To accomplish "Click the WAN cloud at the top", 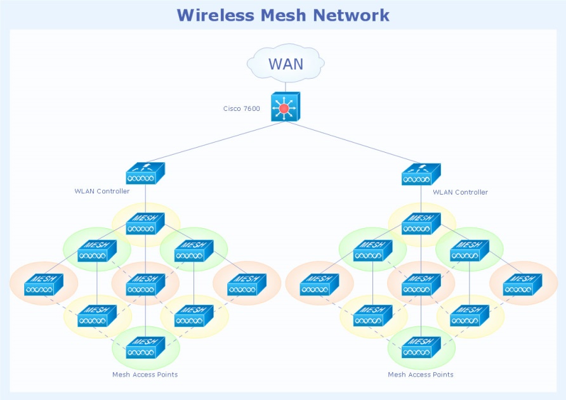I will coord(286,63).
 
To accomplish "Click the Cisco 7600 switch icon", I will coord(285,107).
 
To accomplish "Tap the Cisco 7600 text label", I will coord(241,108).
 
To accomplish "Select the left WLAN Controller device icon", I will coord(145,174).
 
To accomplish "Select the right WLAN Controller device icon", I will coord(421,174).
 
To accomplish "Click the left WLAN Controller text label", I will coord(102,191).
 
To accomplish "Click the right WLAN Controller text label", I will coord(460,192).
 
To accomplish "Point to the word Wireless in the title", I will coord(213,15).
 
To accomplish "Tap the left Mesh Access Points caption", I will coord(145,375).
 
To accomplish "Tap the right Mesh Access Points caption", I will coord(421,375).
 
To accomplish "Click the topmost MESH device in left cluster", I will coord(145,224).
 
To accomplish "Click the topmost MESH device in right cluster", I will coord(421,224).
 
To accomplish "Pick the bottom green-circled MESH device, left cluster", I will coord(145,347).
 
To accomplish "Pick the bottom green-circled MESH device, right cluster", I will coord(421,347).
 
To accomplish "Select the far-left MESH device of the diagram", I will coord(44,285).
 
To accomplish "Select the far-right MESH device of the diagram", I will coord(522,285).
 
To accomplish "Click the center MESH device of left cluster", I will coord(145,285).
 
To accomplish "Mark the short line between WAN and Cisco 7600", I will coord(285,86).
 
